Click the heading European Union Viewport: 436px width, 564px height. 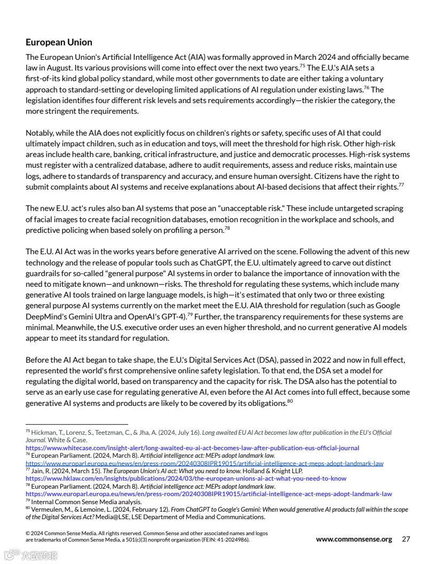tap(59, 42)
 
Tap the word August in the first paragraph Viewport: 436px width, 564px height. tap(52, 68)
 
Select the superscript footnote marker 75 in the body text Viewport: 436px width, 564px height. tap(302, 66)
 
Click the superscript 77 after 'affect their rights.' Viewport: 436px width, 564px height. tap(401, 185)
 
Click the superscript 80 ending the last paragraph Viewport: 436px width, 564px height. tap(290, 402)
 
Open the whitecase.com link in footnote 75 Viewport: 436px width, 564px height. tap(192, 448)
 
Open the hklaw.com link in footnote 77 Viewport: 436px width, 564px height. tap(186, 479)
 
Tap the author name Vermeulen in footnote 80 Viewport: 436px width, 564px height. tap(48, 510)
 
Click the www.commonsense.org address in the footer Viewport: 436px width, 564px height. tap(354, 539)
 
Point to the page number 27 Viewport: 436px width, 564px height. tap(406, 539)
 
